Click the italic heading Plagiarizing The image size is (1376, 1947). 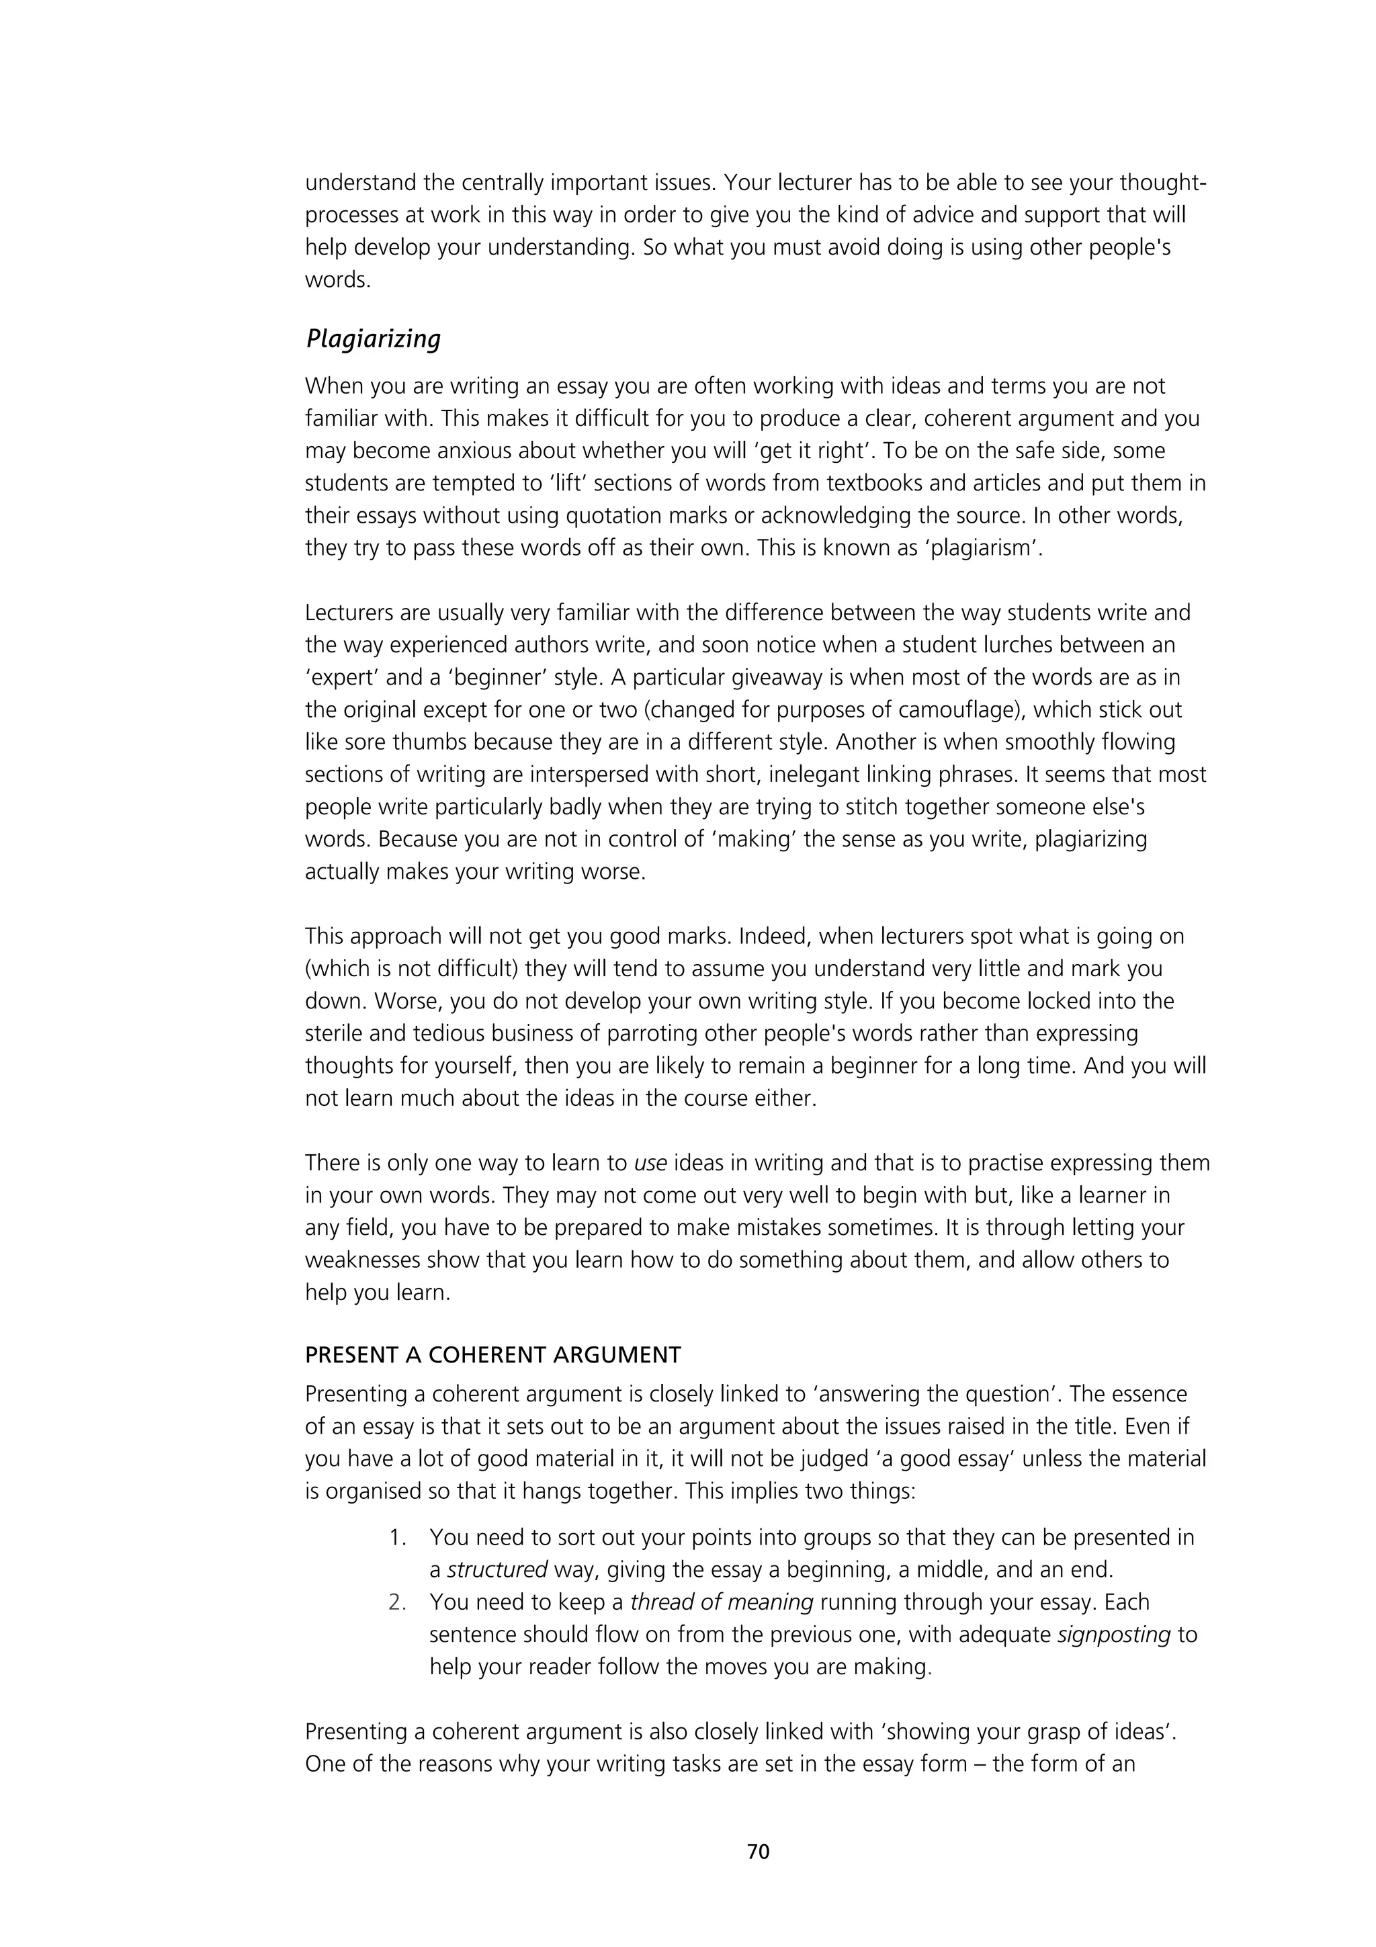tap(373, 339)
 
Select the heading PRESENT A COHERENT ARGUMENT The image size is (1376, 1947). tap(492, 1354)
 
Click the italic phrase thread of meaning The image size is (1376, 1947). tap(722, 1602)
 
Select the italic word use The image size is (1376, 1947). tap(650, 1162)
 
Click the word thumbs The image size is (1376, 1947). tap(433, 742)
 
